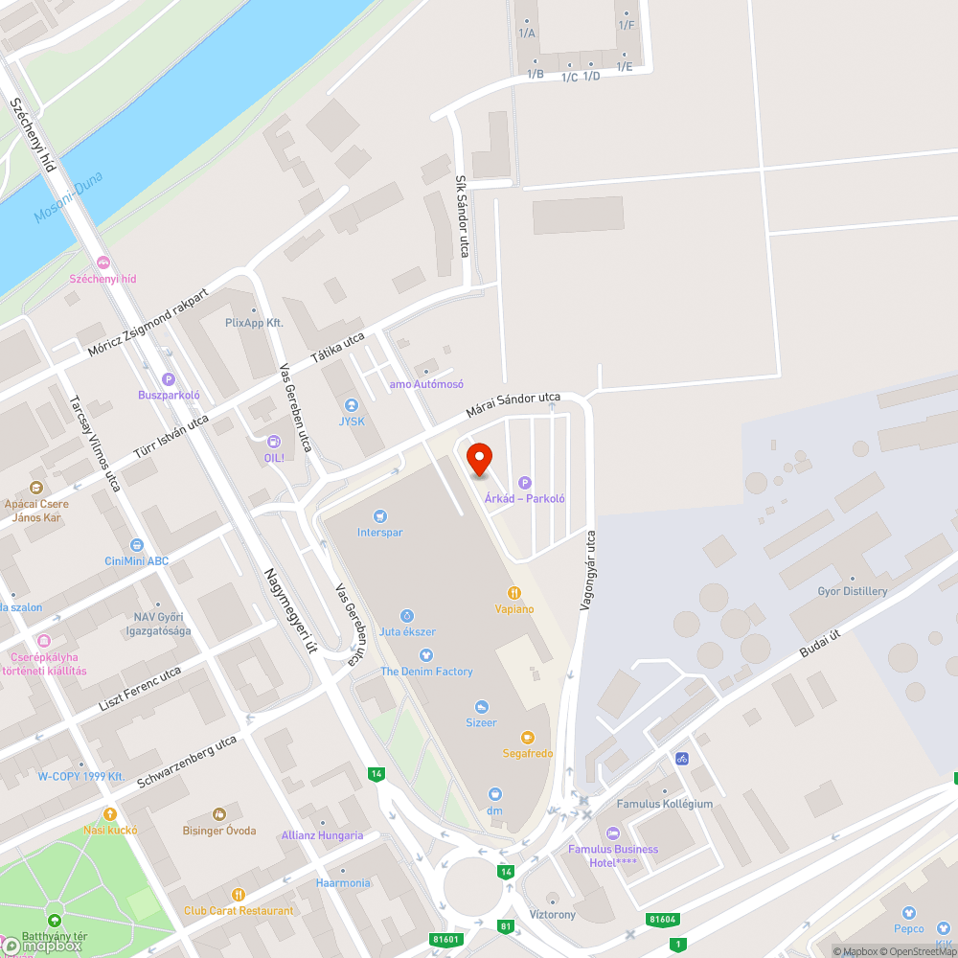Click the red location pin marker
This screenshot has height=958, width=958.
click(x=478, y=460)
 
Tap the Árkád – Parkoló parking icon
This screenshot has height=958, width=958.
click(x=524, y=483)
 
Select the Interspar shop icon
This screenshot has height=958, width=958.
click(x=380, y=516)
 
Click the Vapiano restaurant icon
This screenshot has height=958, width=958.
click(x=514, y=593)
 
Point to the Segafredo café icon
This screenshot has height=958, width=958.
click(x=527, y=737)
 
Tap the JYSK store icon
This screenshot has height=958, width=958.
click(x=352, y=405)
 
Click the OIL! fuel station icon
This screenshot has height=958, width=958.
click(x=274, y=442)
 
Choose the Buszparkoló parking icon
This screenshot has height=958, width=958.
click(x=169, y=379)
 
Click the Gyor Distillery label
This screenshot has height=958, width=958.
click(x=852, y=591)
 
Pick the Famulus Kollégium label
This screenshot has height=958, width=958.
click(x=664, y=804)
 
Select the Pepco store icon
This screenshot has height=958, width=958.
click(x=909, y=912)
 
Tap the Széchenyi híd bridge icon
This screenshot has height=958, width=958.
click(x=103, y=262)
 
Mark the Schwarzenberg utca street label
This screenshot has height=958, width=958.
click(x=187, y=762)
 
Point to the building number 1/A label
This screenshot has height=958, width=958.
click(x=527, y=34)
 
